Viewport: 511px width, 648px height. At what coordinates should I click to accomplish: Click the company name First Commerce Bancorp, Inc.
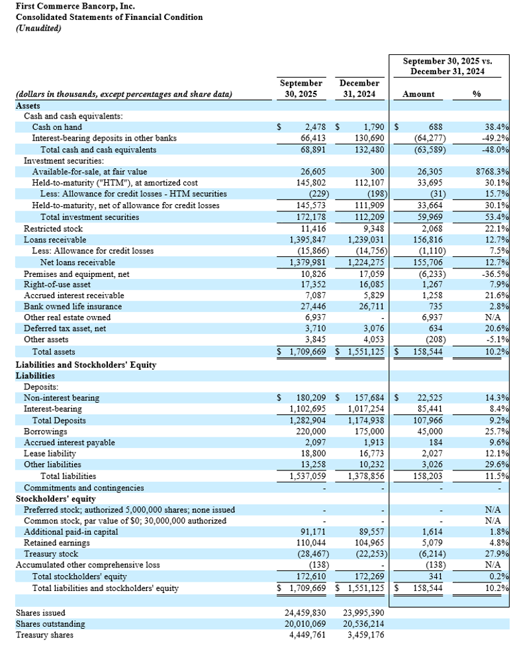(x=66, y=6)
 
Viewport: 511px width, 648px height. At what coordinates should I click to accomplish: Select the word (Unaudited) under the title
(x=38, y=28)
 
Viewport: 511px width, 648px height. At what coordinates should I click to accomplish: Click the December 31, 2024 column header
(x=359, y=88)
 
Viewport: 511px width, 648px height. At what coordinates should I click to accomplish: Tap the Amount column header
(x=418, y=94)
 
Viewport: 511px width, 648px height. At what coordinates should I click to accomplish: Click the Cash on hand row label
(x=57, y=127)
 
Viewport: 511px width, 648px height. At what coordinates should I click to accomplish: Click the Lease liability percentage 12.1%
(x=496, y=454)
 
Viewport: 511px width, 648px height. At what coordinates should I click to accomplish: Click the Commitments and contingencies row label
(x=83, y=488)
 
